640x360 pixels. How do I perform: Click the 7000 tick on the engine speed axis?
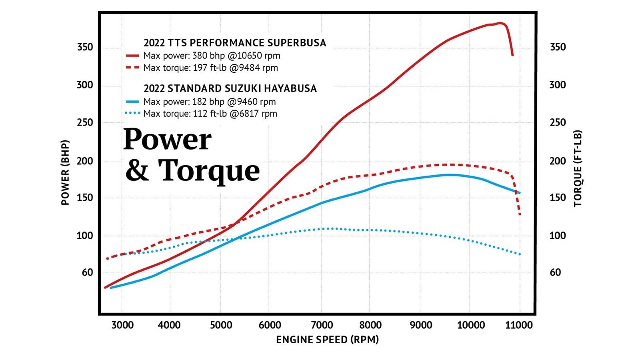[x=320, y=325]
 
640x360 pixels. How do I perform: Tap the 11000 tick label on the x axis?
[x=519, y=325]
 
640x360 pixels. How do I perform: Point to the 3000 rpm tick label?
[x=122, y=325]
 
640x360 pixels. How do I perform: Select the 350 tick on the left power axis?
[x=85, y=47]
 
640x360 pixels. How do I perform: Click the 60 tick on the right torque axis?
[x=555, y=272]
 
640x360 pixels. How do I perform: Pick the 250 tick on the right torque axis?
[x=558, y=122]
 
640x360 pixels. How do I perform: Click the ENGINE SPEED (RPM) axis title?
[x=327, y=340]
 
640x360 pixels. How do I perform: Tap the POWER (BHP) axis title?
[x=65, y=172]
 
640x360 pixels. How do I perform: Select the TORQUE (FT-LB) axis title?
[x=578, y=168]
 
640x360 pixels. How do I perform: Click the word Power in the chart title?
[x=167, y=140]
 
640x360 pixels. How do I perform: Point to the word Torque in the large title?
[x=209, y=170]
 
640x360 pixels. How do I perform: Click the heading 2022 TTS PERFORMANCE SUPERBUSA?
[x=235, y=43]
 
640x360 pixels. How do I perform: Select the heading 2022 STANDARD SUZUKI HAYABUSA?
[x=230, y=88]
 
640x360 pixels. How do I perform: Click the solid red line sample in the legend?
[x=132, y=56]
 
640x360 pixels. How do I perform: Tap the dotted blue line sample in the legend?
[x=132, y=114]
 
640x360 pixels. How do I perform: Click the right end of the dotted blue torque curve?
[x=520, y=254]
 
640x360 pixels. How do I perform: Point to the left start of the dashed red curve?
[x=107, y=258]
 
